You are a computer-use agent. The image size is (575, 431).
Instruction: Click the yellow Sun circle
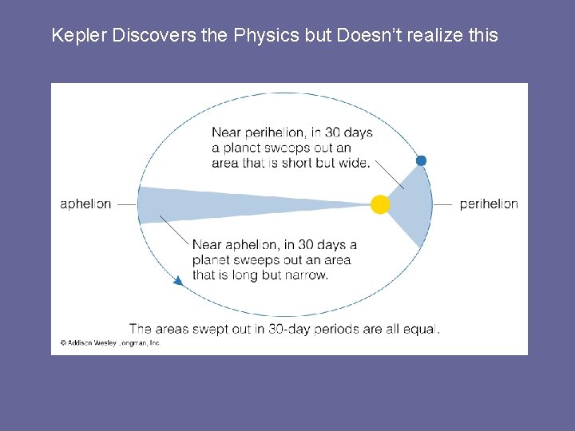point(380,204)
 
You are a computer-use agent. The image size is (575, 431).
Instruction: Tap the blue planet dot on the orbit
point(421,160)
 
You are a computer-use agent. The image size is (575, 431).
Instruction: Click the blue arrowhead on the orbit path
point(178,280)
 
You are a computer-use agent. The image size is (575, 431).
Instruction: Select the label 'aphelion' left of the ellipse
point(85,204)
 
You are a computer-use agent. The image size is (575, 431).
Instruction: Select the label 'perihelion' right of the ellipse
point(489,204)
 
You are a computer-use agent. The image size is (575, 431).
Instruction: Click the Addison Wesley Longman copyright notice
point(110,342)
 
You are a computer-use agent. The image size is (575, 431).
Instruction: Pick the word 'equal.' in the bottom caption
point(422,328)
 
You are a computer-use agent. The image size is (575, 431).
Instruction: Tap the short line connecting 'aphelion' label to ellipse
point(126,204)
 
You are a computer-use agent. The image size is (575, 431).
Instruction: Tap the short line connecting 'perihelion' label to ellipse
point(443,204)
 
